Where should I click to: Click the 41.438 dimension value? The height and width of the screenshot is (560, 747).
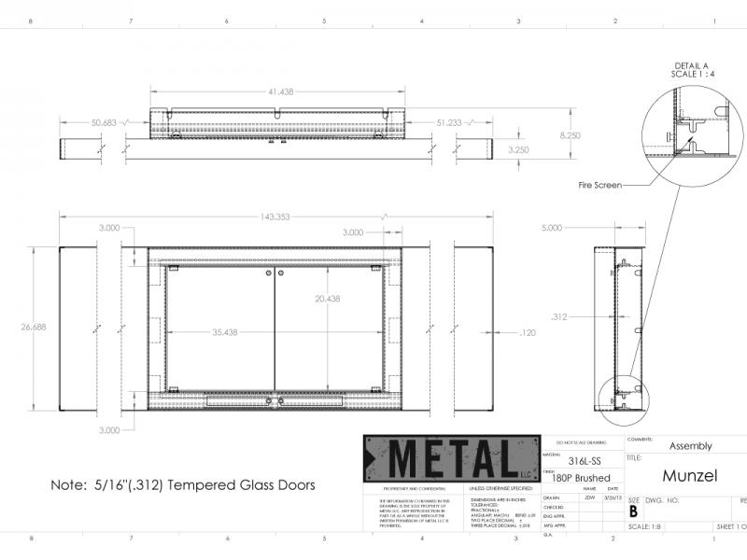280,91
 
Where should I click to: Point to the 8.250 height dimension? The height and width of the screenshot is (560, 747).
570,135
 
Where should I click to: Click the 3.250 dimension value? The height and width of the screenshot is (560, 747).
518,149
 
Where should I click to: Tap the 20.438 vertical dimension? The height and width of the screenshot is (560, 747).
327,299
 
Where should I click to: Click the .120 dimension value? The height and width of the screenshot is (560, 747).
527,331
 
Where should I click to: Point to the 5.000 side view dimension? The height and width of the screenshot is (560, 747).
552,228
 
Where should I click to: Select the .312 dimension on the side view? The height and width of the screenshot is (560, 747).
559,316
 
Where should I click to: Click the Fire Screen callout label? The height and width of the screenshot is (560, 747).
600,186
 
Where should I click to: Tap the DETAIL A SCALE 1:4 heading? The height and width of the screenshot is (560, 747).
692,70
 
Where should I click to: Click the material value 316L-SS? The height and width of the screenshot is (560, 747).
585,461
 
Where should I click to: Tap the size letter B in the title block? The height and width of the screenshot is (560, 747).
634,511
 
